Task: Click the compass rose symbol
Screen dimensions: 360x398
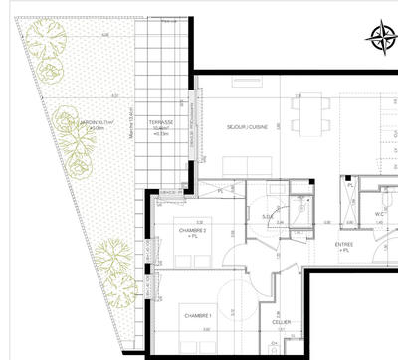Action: tap(380, 37)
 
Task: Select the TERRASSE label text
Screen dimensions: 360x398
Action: tap(161, 124)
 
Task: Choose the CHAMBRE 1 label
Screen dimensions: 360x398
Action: tap(197, 316)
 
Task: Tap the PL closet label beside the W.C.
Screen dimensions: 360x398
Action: tap(352, 186)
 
